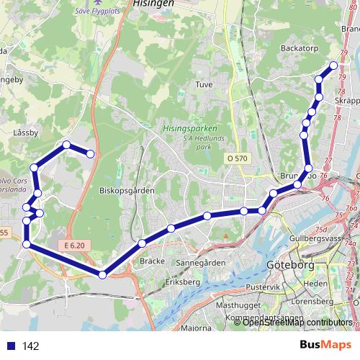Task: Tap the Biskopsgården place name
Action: coord(123,192)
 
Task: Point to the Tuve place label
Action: coord(204,84)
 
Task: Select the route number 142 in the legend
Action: coord(30,346)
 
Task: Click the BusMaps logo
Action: coord(325,346)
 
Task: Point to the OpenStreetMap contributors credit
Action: coord(297,323)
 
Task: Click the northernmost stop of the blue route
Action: coord(333,66)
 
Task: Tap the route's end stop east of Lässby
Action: coord(91,153)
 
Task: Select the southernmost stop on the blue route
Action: coord(102,274)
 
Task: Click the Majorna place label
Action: coord(196,328)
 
